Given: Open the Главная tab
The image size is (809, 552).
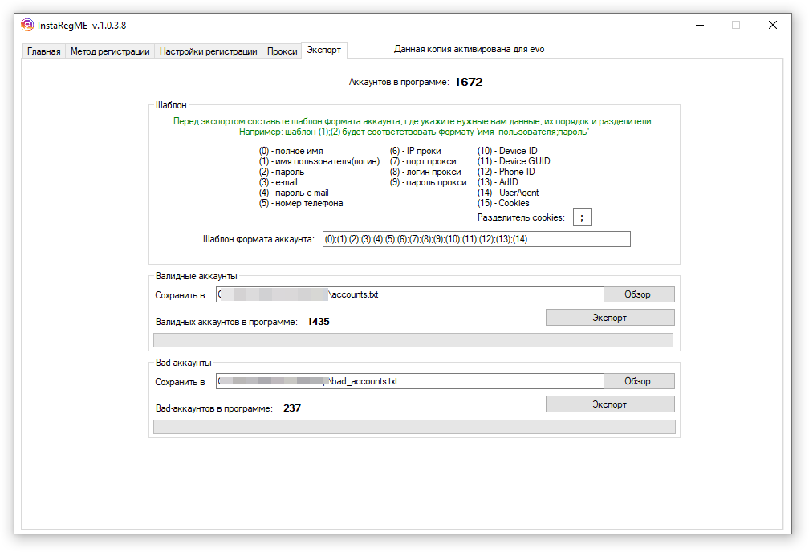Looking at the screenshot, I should (43, 51).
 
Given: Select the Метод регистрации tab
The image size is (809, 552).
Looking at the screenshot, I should (110, 51).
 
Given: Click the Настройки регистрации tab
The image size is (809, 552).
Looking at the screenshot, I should (208, 51).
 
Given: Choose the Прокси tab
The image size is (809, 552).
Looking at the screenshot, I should (282, 51).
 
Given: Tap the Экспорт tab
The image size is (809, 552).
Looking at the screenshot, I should (323, 50).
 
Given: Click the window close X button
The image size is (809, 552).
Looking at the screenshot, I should (772, 25).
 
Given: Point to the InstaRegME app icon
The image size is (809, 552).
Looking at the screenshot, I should (26, 25).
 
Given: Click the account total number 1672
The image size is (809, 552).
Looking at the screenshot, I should (468, 82).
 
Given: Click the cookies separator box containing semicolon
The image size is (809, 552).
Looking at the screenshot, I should (582, 217).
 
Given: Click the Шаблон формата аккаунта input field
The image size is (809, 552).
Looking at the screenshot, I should (476, 239).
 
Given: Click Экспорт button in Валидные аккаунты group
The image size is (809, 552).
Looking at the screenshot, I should (610, 318).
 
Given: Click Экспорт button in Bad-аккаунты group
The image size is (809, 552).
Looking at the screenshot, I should (610, 404).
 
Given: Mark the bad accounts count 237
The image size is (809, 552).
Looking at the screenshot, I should (292, 408).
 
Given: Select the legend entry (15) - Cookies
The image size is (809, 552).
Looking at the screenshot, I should (503, 203).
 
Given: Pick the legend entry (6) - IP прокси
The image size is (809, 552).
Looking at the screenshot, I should (415, 151).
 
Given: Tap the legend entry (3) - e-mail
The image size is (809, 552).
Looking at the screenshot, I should (278, 182).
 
